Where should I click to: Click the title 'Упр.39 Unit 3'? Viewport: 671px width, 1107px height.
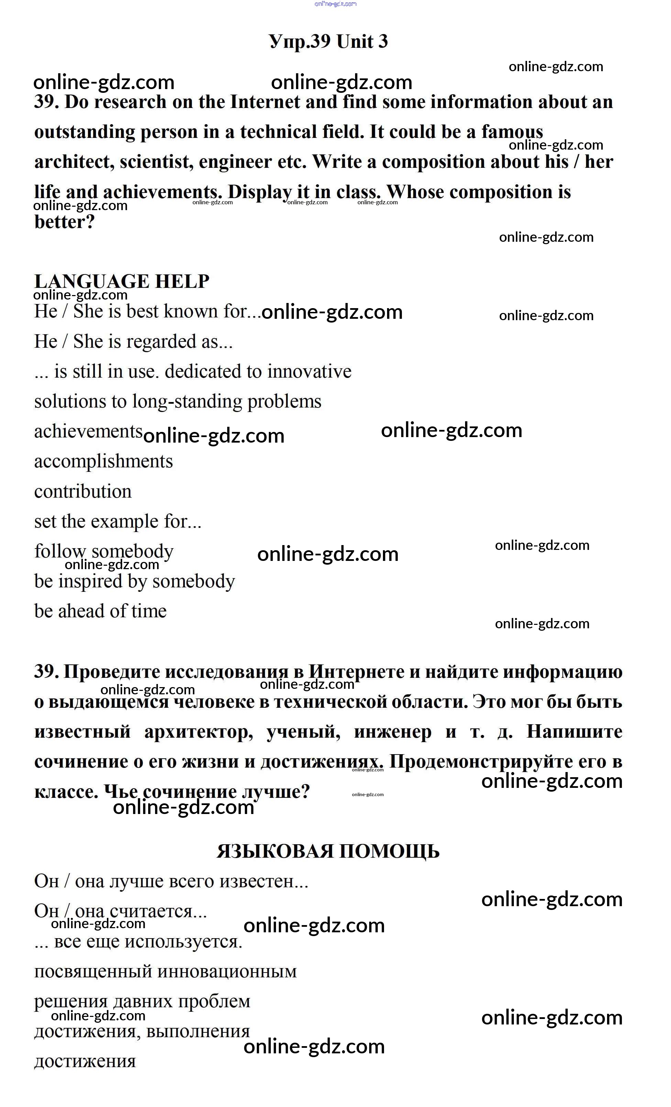(328, 41)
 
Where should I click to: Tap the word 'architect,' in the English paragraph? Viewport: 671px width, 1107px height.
(74, 162)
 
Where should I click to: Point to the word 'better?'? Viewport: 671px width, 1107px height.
(65, 222)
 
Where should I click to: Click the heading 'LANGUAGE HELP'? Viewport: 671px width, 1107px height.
(122, 282)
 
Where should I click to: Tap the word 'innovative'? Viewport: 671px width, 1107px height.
(309, 371)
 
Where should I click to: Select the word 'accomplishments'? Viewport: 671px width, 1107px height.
(103, 462)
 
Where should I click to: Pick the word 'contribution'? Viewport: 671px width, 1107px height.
(83, 491)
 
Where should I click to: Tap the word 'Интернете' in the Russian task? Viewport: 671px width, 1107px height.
(356, 672)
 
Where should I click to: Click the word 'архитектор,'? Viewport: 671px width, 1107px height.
(198, 732)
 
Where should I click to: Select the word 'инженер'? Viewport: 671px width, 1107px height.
(393, 732)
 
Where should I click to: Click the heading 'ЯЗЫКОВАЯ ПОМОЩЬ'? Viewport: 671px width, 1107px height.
(328, 852)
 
